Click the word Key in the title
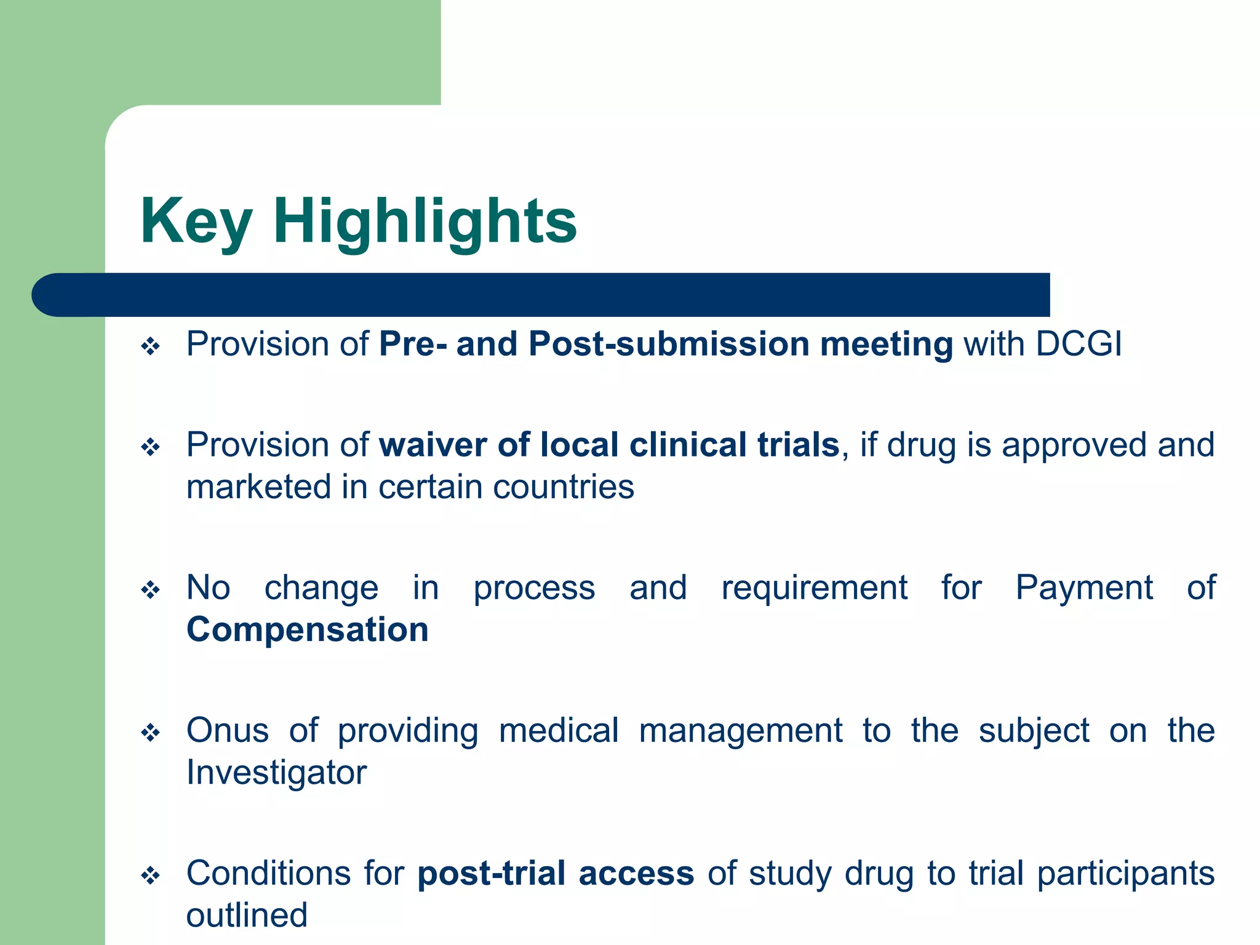(x=196, y=221)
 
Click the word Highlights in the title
(x=425, y=221)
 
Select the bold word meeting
(x=886, y=345)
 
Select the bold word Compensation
(x=308, y=629)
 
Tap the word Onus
(x=228, y=730)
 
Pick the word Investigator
(x=276, y=772)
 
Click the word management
(x=741, y=731)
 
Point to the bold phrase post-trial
(x=492, y=873)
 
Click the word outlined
(x=247, y=915)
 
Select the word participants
(x=1126, y=874)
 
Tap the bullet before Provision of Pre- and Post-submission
(x=151, y=346)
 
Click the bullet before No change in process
(x=151, y=591)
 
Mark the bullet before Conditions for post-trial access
(x=151, y=875)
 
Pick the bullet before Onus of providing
(x=151, y=733)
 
